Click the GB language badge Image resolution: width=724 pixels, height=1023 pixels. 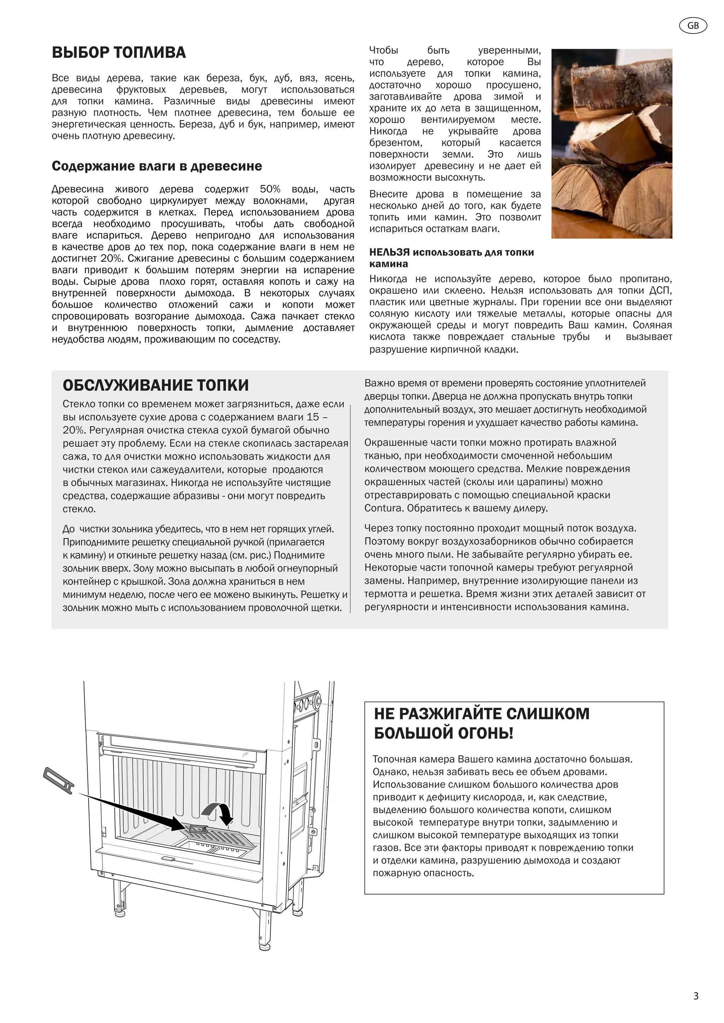tap(693, 26)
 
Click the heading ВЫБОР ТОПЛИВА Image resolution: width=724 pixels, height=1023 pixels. tap(118, 53)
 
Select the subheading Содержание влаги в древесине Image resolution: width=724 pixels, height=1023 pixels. tap(157, 166)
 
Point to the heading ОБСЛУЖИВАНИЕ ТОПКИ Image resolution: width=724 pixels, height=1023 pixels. tap(156, 385)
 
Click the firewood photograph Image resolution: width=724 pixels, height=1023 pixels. tap(611, 143)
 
